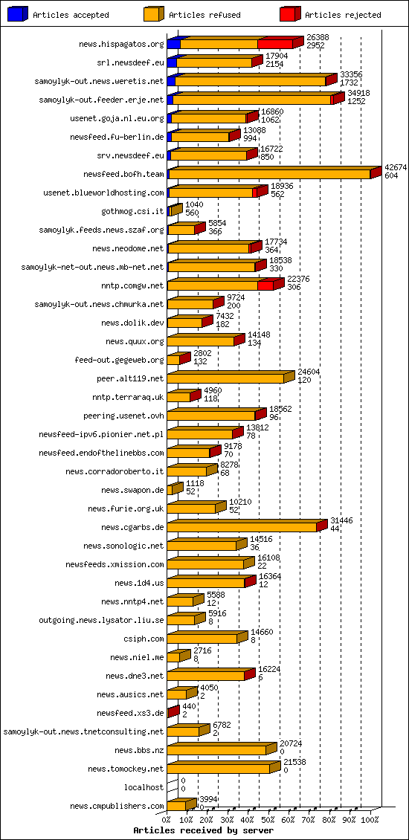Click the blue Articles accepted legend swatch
point(18,14)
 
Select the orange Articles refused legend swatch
point(154,14)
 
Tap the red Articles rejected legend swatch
point(290,14)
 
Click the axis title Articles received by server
point(203,830)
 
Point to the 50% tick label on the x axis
point(268,820)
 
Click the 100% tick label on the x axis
point(370,820)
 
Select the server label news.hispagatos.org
point(121,45)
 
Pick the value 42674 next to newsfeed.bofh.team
point(396,167)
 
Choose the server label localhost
point(144,787)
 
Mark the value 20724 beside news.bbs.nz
point(291,743)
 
